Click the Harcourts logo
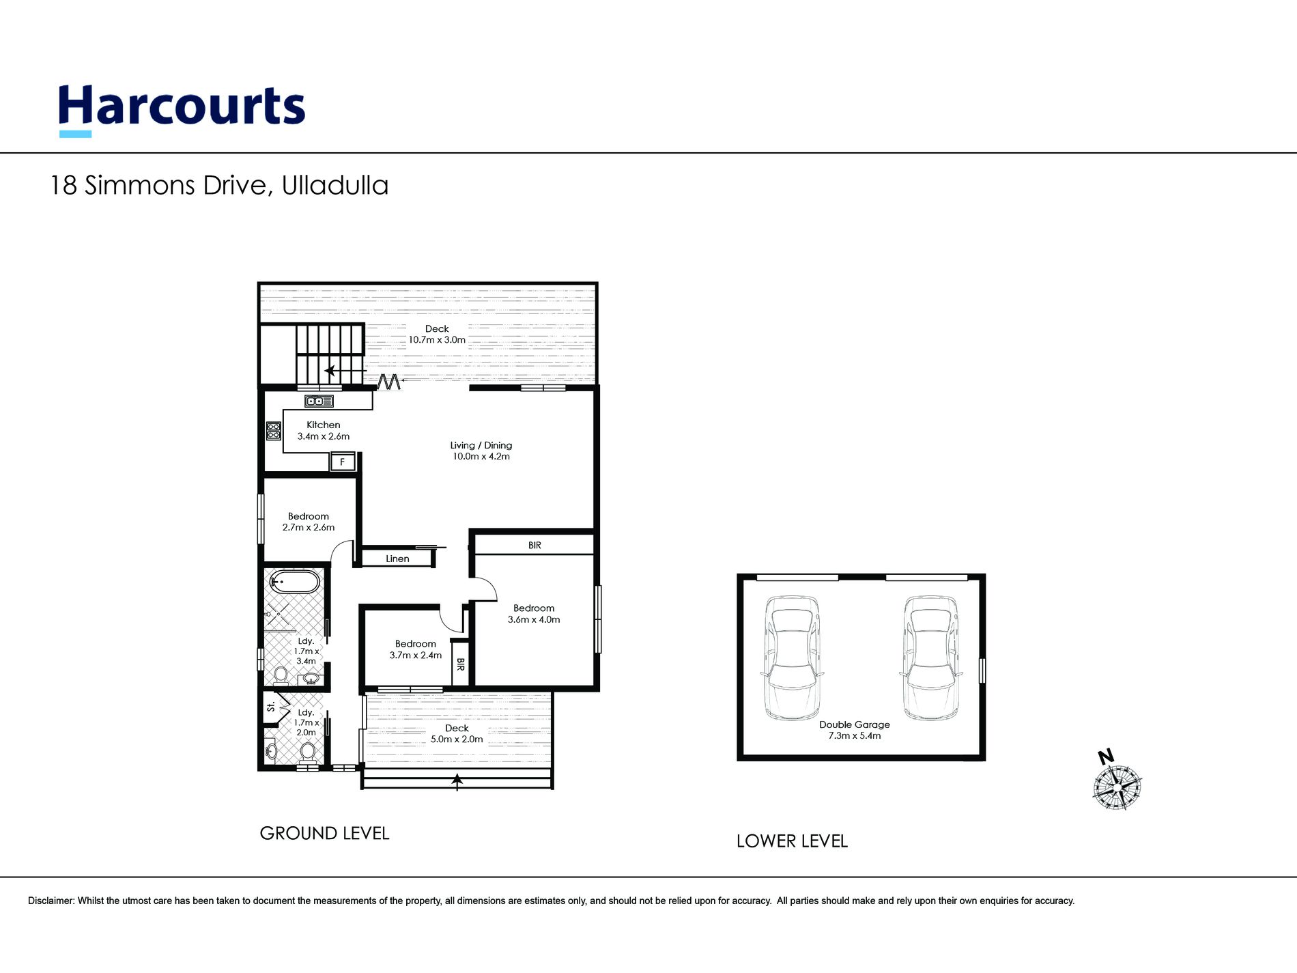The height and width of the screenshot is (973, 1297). click(182, 110)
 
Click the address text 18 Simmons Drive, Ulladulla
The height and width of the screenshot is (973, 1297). click(219, 186)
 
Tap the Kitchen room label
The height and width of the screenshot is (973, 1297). click(323, 425)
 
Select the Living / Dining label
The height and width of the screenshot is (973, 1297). click(481, 445)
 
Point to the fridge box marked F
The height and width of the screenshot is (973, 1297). click(343, 462)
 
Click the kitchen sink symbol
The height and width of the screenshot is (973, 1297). click(319, 401)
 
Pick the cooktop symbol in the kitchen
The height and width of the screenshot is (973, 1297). click(273, 431)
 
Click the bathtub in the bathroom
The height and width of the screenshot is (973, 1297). click(295, 583)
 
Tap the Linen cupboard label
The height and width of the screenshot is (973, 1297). click(397, 559)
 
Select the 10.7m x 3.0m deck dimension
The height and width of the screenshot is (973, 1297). click(437, 340)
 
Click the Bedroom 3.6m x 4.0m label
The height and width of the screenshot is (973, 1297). click(534, 614)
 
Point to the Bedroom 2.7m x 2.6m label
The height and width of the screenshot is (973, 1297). click(309, 522)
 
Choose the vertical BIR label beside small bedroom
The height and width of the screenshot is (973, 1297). click(460, 664)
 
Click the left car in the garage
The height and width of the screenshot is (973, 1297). click(792, 658)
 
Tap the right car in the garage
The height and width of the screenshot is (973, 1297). click(930, 658)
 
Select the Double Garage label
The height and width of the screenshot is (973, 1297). click(855, 724)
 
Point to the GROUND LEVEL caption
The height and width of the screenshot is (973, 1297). click(324, 834)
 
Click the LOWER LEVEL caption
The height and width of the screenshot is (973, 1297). click(792, 841)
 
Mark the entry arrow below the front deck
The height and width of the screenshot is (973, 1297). click(457, 782)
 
